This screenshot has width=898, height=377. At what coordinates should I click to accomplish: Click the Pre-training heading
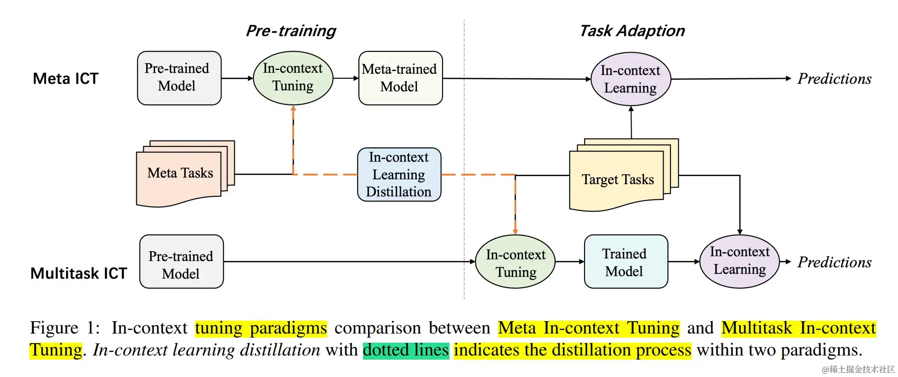tap(291, 31)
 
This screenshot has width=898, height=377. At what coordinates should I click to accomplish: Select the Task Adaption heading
tap(632, 31)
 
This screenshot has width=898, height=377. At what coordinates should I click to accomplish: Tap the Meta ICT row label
tap(65, 79)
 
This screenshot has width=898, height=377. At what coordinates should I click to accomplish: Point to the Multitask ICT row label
tap(78, 273)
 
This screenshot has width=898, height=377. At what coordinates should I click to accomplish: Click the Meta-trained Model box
tap(400, 78)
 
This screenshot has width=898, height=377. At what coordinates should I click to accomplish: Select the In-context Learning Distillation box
tap(399, 174)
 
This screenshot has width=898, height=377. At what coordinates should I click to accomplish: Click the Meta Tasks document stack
tap(180, 173)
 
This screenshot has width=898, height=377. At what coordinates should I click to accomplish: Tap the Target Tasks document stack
tap(618, 178)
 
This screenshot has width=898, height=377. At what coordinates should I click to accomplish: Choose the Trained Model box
tap(625, 262)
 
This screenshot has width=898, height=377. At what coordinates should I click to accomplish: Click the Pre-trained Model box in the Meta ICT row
tap(179, 78)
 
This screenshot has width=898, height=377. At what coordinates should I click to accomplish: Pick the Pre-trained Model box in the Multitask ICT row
tap(181, 262)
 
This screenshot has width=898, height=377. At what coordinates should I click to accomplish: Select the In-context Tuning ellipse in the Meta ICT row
tap(293, 78)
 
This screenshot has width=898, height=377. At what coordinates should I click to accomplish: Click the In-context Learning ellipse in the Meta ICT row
tap(630, 79)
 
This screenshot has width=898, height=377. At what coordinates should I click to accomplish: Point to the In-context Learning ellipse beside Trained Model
tap(739, 261)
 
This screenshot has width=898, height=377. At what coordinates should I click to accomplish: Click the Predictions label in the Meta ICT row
tap(834, 79)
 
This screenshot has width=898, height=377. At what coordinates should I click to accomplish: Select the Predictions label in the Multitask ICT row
tap(834, 262)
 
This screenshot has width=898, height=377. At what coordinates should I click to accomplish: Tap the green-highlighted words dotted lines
tap(406, 350)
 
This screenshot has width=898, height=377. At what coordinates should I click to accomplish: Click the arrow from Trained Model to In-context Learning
tap(684, 262)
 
